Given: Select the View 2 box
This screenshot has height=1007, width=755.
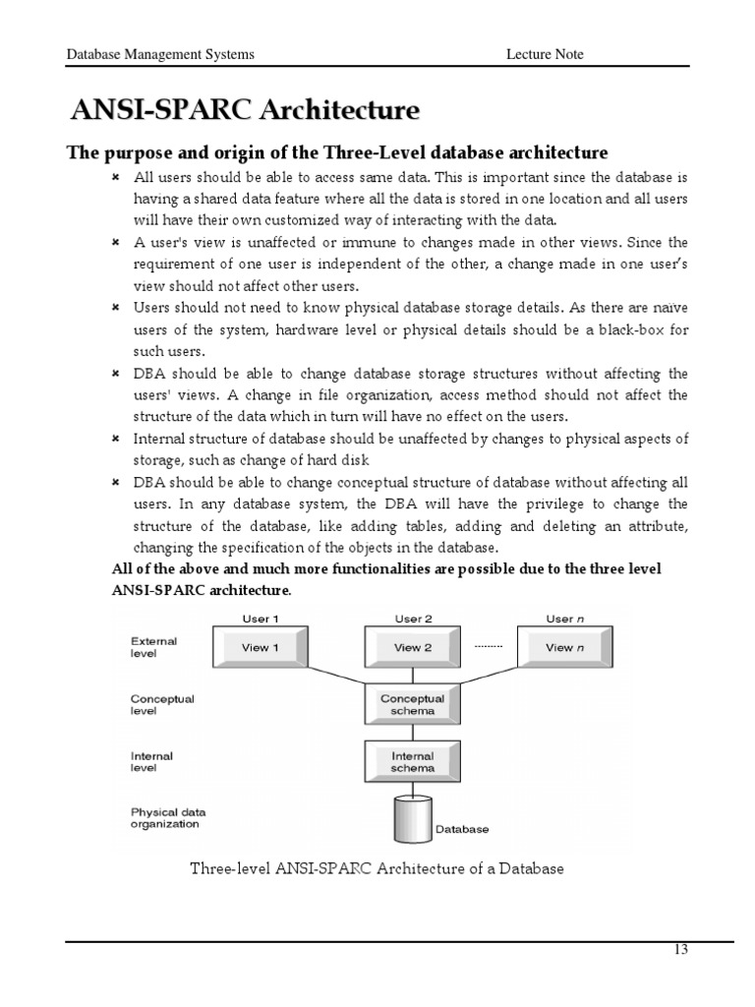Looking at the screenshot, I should coord(413,648).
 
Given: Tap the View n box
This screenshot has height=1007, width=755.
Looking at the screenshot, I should coord(565,648).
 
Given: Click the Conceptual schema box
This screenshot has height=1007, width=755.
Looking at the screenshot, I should coord(413,704).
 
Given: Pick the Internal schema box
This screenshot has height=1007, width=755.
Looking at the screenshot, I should coord(413,761).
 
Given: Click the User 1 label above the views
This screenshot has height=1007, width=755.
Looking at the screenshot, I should coord(261,619).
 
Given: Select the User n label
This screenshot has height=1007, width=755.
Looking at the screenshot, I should coord(559,619).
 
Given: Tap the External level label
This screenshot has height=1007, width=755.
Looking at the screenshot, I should coord(153,647).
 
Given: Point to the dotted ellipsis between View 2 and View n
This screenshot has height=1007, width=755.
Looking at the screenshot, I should coord(488,647).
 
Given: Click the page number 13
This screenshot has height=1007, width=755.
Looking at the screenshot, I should coord(680,950).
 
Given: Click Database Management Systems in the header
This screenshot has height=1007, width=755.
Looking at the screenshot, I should coord(159,54).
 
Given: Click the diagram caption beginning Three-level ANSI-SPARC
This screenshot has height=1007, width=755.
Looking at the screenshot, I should coord(377,868).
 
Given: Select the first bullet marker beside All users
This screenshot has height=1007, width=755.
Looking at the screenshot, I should coord(115,178).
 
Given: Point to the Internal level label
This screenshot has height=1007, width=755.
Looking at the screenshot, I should coord(152,762).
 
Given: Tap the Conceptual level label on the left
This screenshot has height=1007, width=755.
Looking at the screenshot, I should coord(162,705).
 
